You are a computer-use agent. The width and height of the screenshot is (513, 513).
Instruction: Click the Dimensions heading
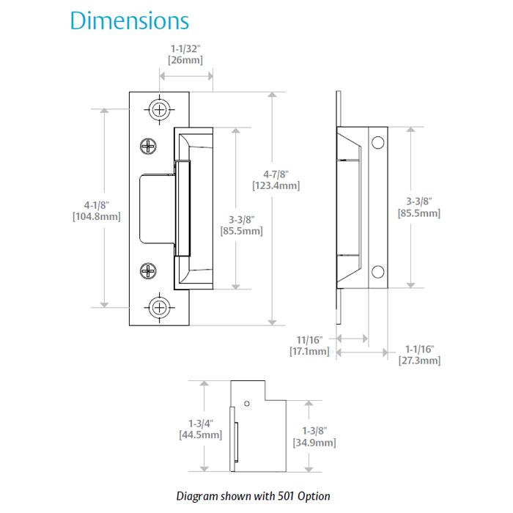click(x=129, y=21)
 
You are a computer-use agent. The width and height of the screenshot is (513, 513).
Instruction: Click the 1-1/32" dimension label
click(x=181, y=48)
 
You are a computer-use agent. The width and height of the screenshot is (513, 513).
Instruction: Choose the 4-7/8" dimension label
click(x=276, y=174)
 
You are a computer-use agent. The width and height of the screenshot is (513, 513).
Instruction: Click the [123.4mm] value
click(x=276, y=185)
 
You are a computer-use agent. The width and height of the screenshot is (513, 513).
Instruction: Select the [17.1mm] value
click(x=309, y=352)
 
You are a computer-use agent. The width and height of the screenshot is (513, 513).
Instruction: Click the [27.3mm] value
click(x=419, y=361)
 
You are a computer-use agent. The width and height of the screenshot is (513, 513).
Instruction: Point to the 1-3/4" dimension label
click(x=200, y=423)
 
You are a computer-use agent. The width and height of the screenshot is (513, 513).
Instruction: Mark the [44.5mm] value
click(x=200, y=435)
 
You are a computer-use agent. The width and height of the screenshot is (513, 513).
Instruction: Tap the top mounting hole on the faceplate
click(x=160, y=109)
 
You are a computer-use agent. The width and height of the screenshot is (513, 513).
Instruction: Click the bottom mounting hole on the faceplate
click(x=160, y=307)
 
